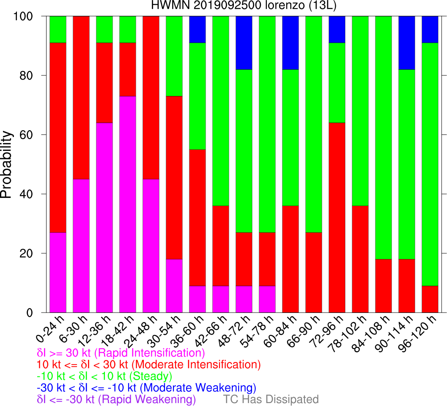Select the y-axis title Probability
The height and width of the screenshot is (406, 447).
pyautogui.click(x=6, y=164)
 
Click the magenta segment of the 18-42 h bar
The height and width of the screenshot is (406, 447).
pyautogui.click(x=128, y=204)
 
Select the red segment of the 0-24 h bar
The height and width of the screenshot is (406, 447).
pyautogui.click(x=58, y=137)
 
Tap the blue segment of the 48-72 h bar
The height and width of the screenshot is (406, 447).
pyautogui.click(x=244, y=43)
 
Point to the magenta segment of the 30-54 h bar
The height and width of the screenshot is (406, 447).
pyautogui.click(x=174, y=286)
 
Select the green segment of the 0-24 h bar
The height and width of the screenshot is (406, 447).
pyautogui.click(x=58, y=29)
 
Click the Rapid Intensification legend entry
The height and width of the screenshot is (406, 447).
pyautogui.click(x=121, y=353)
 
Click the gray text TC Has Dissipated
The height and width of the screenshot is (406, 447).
pyautogui.click(x=271, y=399)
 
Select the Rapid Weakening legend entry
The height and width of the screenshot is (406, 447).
pyautogui.click(x=116, y=399)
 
